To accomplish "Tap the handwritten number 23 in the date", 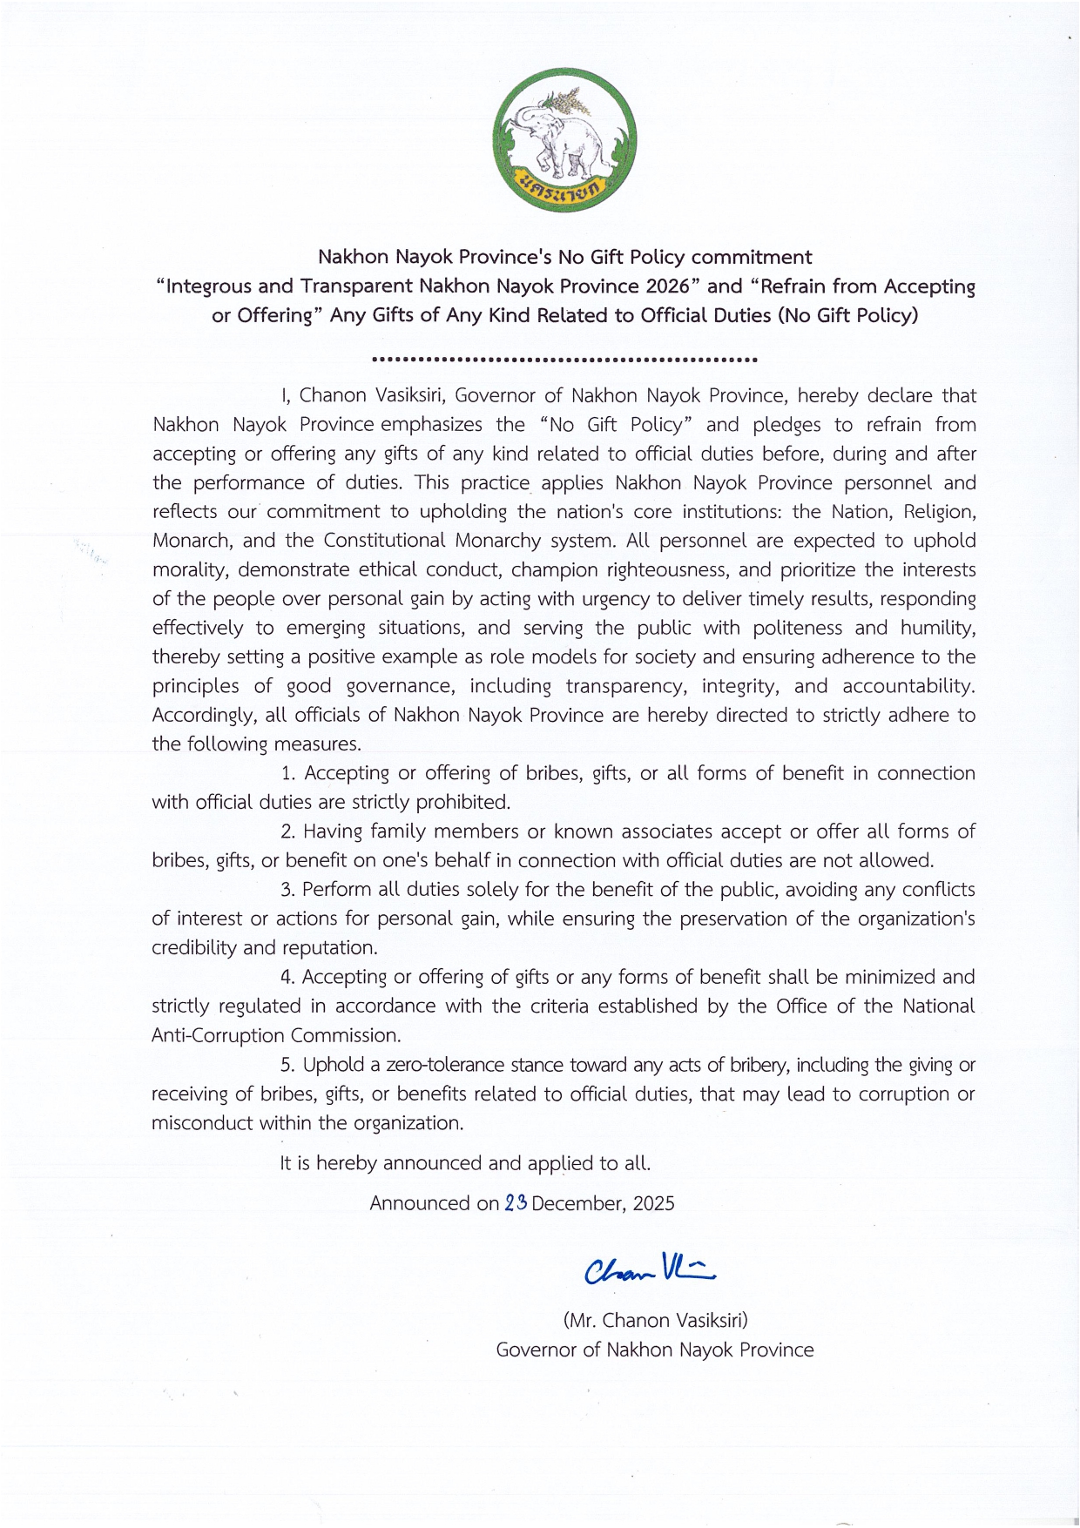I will (x=516, y=1202).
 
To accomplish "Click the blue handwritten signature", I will (x=650, y=1269).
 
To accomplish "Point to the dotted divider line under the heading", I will (x=564, y=359).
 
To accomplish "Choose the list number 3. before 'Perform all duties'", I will (x=288, y=890).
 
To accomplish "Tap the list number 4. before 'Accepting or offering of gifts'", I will (x=288, y=977).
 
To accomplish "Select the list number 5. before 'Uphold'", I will (x=288, y=1065).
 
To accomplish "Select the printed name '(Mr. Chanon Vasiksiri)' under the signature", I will (x=655, y=1320).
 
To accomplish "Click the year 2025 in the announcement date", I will (x=653, y=1203).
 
